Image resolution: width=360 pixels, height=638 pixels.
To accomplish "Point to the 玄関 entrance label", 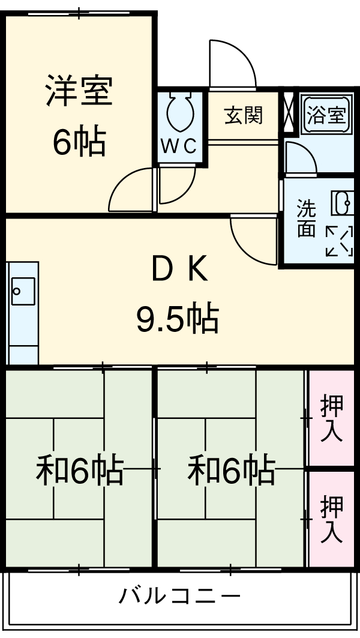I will pos(244,115).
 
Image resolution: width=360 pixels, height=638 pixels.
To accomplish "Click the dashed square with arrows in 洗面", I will pos(339,241).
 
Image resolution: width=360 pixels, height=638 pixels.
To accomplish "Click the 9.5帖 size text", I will pos(177,318).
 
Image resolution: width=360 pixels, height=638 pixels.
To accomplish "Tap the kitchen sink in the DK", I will pos(22,292).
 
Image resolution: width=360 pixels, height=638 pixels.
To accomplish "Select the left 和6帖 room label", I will pos(79,471).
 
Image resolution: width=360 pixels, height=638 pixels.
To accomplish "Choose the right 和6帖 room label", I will pos(231,471).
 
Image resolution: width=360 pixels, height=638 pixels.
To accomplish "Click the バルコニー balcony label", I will pos(180,597).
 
